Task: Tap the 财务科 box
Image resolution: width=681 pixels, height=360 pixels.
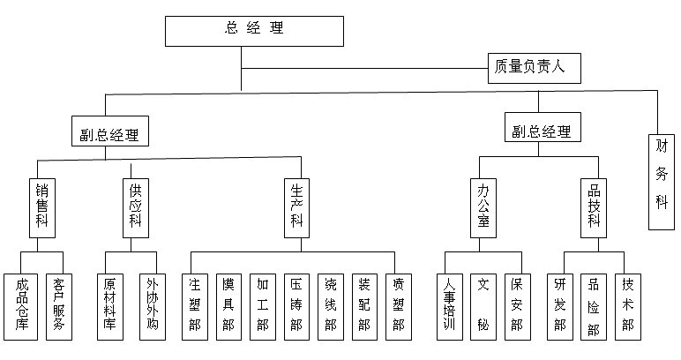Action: [x=662, y=182]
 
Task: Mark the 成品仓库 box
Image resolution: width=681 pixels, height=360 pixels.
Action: [x=20, y=306]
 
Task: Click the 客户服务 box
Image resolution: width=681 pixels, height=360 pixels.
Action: [x=59, y=306]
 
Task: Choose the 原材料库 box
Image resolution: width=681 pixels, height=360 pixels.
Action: [x=110, y=306]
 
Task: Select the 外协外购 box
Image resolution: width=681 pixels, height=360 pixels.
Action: [x=151, y=306]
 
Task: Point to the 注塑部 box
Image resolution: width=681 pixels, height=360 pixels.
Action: [x=196, y=306]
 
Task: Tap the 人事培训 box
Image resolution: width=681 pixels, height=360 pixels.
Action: [x=450, y=306]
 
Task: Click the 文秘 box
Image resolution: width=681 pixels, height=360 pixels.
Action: [x=483, y=306]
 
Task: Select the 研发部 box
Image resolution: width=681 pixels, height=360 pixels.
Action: [x=558, y=306]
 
